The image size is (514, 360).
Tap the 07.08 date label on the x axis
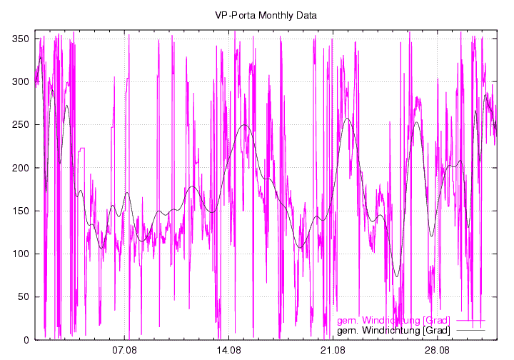(x=124, y=351)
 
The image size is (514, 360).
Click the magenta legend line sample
(x=470, y=320)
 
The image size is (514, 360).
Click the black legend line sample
(x=470, y=331)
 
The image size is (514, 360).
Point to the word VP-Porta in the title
(x=234, y=15)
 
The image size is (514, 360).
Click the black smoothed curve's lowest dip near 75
(x=397, y=276)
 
